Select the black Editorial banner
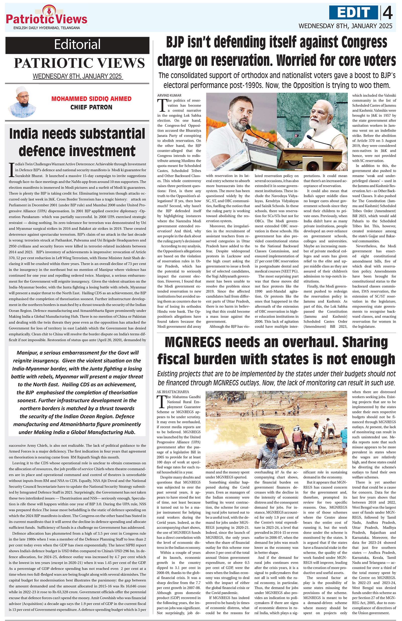tap(77, 45)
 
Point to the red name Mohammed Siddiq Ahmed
tap(91, 99)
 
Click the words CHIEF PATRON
tap(91, 107)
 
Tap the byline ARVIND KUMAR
tap(169, 96)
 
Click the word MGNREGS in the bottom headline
tap(193, 342)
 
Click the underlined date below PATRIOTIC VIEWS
tap(77, 76)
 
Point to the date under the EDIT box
tap(345, 26)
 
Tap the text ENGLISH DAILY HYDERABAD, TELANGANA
tap(47, 28)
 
